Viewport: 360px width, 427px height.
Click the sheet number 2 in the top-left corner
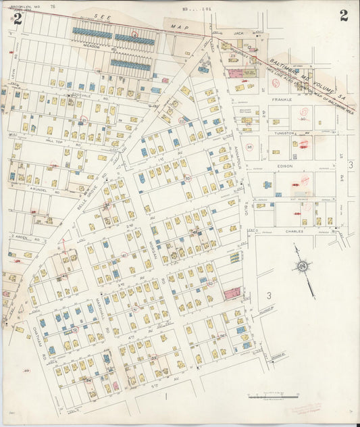pos(17,18)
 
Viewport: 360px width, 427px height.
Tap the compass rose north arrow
pos(303,268)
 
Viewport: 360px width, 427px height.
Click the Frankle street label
pos(281,99)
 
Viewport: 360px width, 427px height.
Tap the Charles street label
pos(292,230)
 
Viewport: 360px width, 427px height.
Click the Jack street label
pos(238,32)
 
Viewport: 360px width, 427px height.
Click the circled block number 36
pos(249,147)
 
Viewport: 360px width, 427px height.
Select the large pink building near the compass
pos(232,293)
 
